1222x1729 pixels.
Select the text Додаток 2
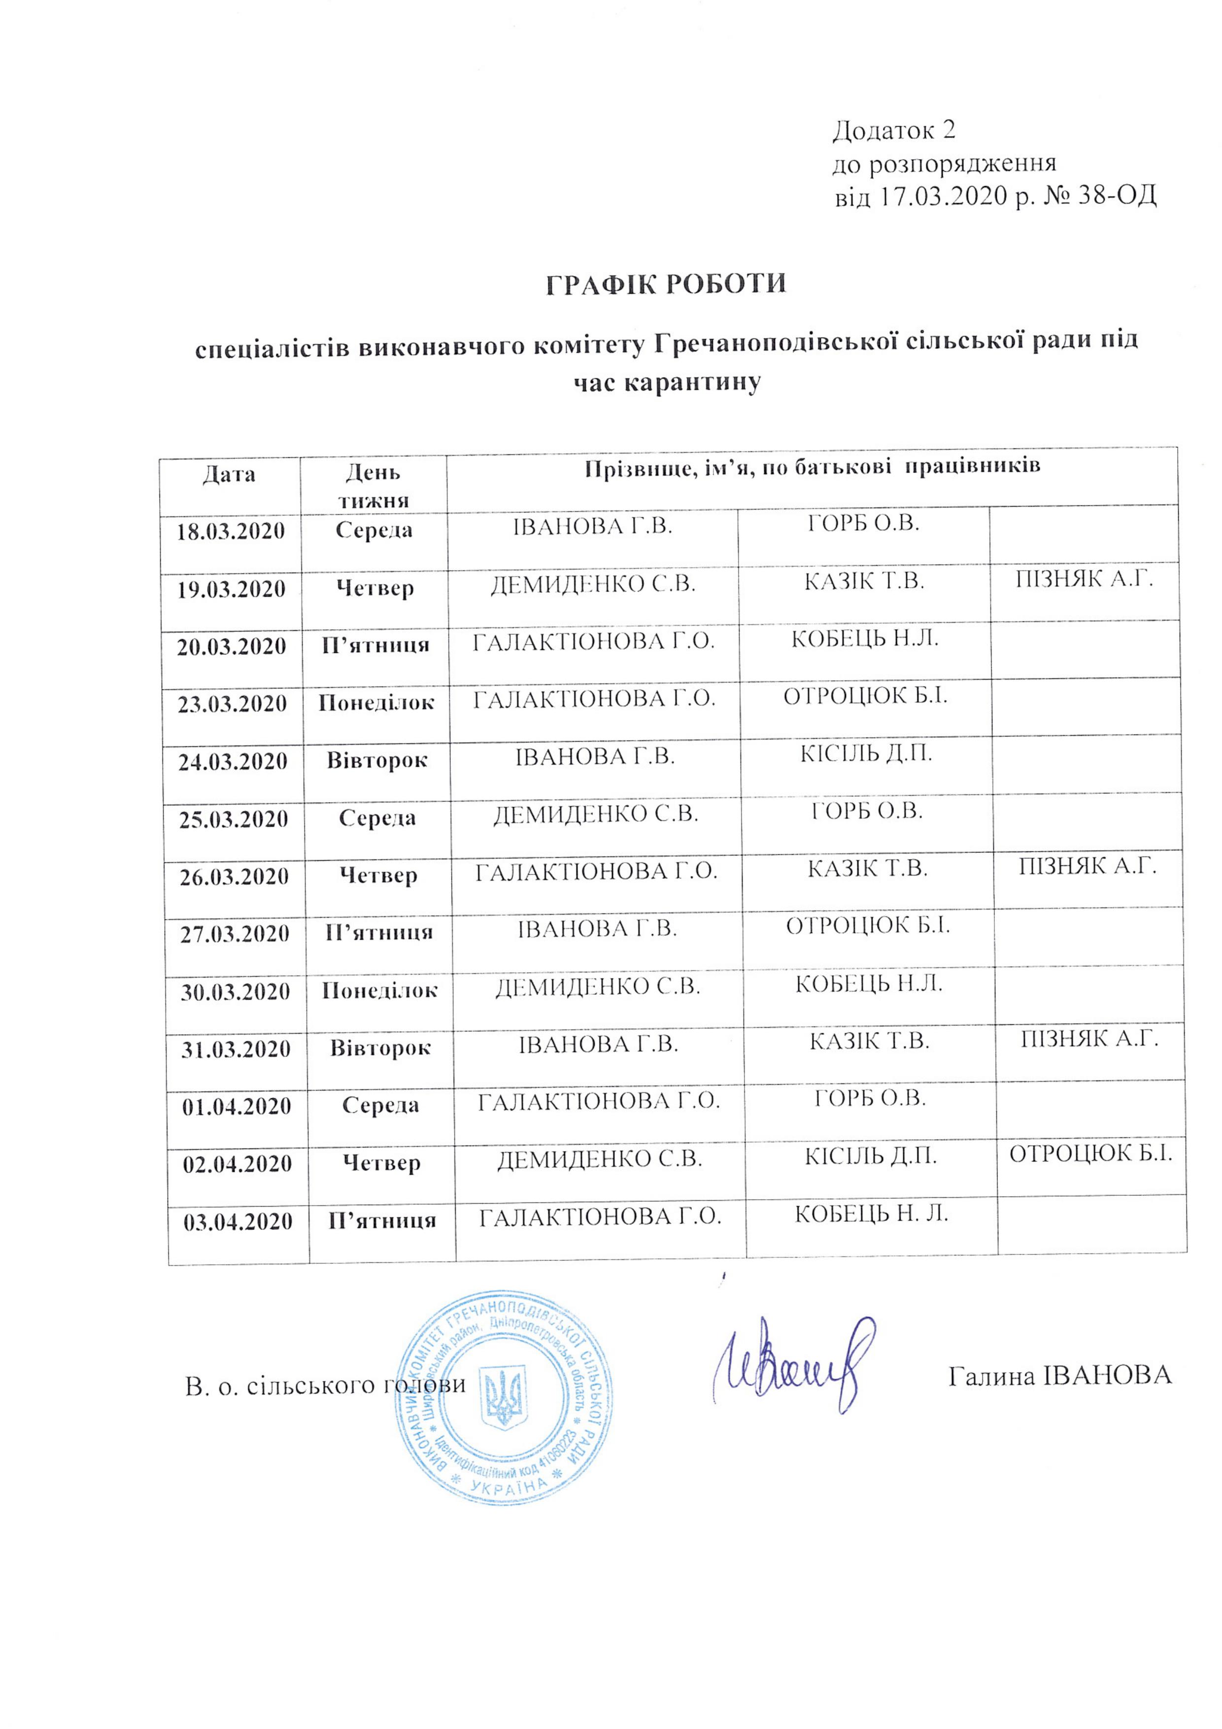tap(894, 130)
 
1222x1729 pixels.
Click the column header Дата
tap(229, 475)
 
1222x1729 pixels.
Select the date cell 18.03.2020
tap(231, 532)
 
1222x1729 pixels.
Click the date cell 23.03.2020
tap(232, 704)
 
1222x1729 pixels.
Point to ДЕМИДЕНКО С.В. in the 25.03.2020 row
tap(596, 814)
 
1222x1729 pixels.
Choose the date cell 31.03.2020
tap(236, 1049)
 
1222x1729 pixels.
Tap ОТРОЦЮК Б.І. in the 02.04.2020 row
tap(1090, 1153)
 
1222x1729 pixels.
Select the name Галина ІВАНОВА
tap(1059, 1375)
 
